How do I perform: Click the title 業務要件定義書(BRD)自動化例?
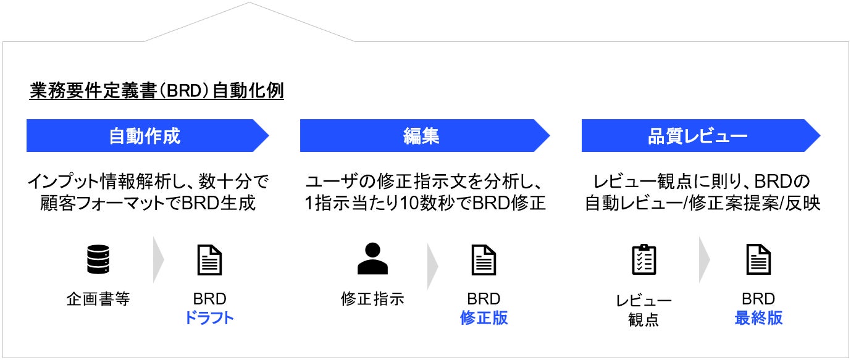pyautogui.click(x=156, y=91)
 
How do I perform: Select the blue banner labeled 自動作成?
pyautogui.click(x=145, y=136)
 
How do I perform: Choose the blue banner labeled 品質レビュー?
pyautogui.click(x=698, y=136)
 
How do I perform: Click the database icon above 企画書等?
pyautogui.click(x=98, y=260)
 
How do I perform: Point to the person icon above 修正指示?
pyautogui.click(x=372, y=259)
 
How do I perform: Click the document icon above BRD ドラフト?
pyautogui.click(x=209, y=260)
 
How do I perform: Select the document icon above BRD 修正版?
pyautogui.click(x=484, y=260)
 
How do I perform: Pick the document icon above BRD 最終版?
pyautogui.click(x=758, y=260)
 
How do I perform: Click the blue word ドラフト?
pyautogui.click(x=209, y=318)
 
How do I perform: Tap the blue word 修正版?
pyautogui.click(x=484, y=318)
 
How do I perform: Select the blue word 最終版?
pyautogui.click(x=758, y=318)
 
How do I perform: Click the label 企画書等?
pyautogui.click(x=98, y=299)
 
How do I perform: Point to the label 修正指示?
pyautogui.click(x=372, y=299)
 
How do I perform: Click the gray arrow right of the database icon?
pyautogui.click(x=158, y=260)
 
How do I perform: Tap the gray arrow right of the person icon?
pyautogui.click(x=432, y=260)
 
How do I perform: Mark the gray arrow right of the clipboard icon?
pyautogui.click(x=705, y=260)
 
